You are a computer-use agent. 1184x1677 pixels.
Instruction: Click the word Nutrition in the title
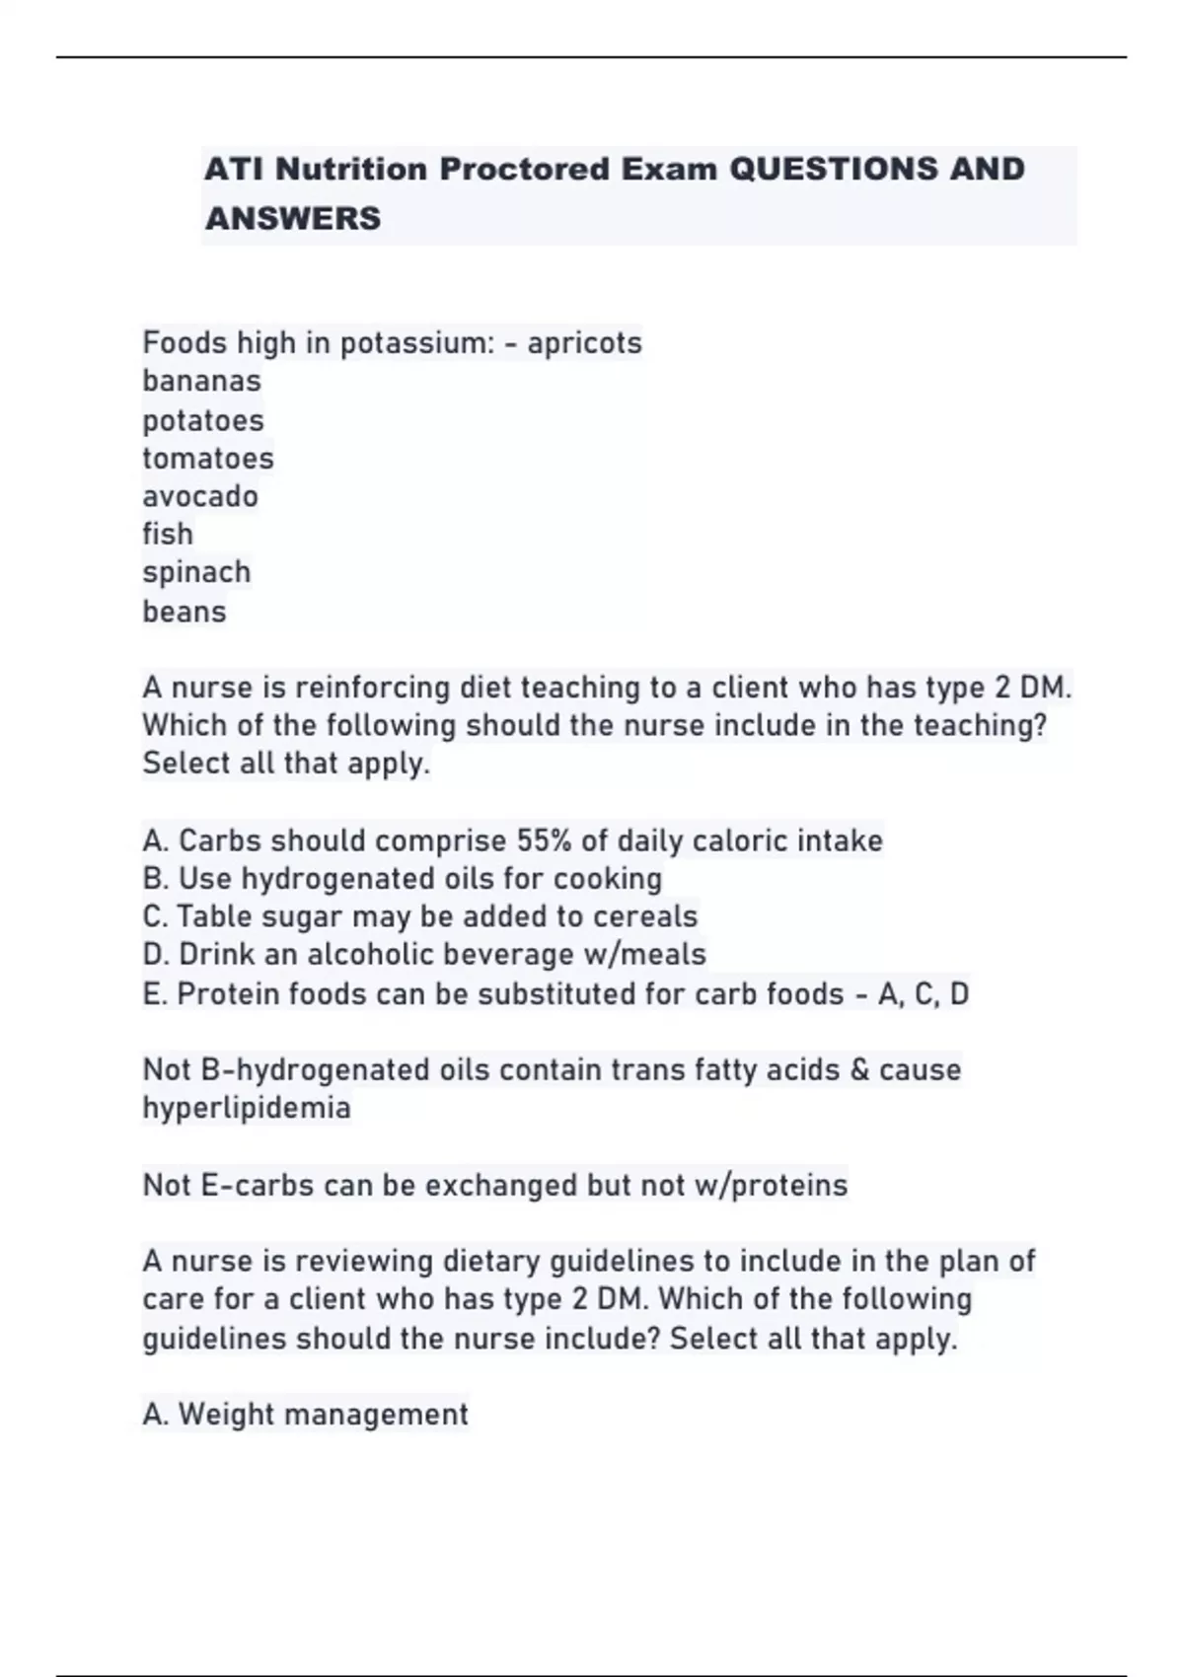point(351,170)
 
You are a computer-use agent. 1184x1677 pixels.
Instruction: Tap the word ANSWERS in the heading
point(292,218)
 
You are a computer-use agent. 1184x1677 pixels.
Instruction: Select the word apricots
point(584,343)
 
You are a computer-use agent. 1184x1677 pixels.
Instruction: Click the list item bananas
point(201,381)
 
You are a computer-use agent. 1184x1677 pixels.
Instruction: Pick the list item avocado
point(200,496)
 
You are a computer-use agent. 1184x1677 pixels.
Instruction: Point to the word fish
point(168,534)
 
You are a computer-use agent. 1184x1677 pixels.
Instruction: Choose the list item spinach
point(196,572)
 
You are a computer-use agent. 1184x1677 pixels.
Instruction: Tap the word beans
point(185,612)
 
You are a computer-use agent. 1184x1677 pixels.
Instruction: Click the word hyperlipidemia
point(247,1108)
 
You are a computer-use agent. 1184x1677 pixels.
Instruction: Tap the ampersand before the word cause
point(859,1070)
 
